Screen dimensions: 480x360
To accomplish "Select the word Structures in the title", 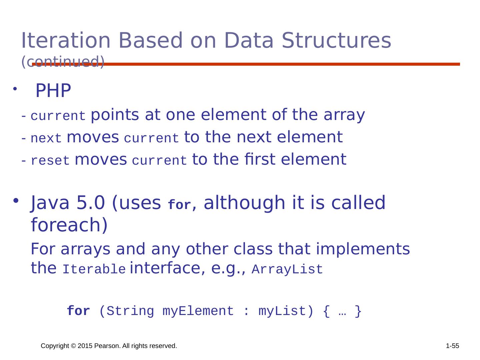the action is (336, 40).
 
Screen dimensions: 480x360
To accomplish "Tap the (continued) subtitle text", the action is (63, 62).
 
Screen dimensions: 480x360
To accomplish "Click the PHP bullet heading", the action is (53, 90).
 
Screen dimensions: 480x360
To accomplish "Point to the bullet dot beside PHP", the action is (15, 89).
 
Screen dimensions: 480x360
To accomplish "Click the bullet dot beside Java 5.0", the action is (16, 200).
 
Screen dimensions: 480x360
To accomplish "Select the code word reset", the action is (50, 160).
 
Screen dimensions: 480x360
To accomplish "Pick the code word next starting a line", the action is (46, 138).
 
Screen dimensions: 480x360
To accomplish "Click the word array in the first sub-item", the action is (344, 115).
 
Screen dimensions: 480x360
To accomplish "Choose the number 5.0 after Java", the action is (91, 202).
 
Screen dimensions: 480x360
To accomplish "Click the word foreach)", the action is (69, 225).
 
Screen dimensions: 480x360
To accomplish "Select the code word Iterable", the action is (94, 269).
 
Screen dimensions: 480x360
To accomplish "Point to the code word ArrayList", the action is (287, 269).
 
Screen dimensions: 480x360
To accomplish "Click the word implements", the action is (363, 249).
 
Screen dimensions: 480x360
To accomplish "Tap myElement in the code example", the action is (198, 311).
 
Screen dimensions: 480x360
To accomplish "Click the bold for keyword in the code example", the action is (78, 311).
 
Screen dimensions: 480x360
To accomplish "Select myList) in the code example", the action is (286, 311).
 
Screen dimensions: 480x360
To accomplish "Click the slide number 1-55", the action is (452, 346).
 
